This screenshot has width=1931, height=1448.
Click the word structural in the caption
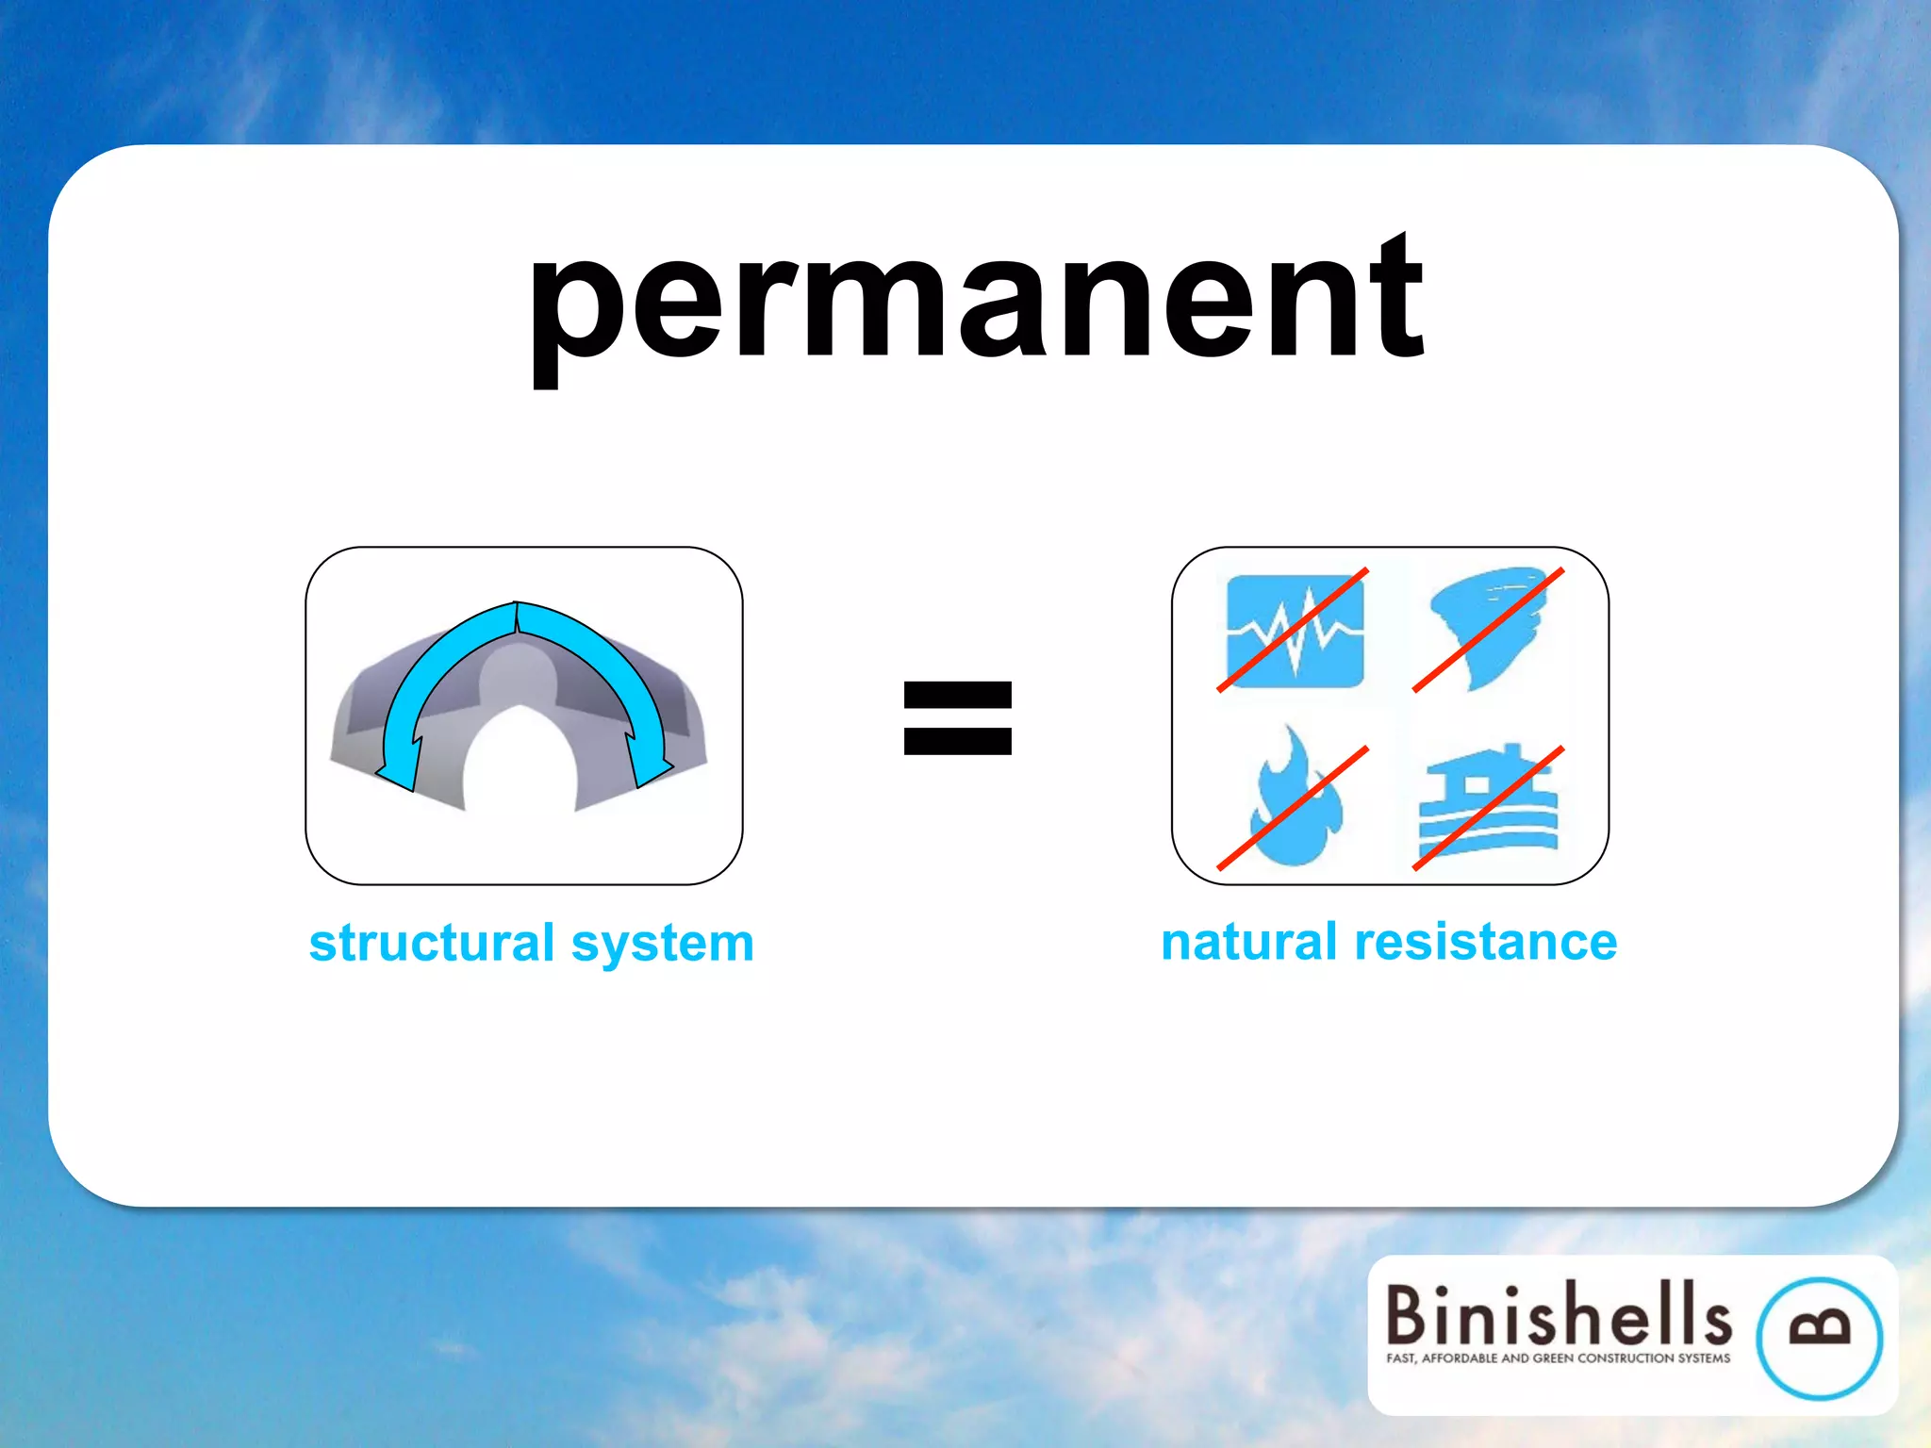click(432, 943)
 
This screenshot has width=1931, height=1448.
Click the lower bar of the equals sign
click(957, 742)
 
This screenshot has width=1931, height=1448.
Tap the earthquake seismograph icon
click(1294, 630)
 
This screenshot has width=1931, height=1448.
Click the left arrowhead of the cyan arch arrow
click(399, 768)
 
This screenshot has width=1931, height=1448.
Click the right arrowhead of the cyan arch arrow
click(651, 765)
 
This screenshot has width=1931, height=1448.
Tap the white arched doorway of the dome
click(520, 764)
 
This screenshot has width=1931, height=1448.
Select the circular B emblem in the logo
click(1819, 1338)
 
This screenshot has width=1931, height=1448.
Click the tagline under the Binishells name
click(1558, 1358)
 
